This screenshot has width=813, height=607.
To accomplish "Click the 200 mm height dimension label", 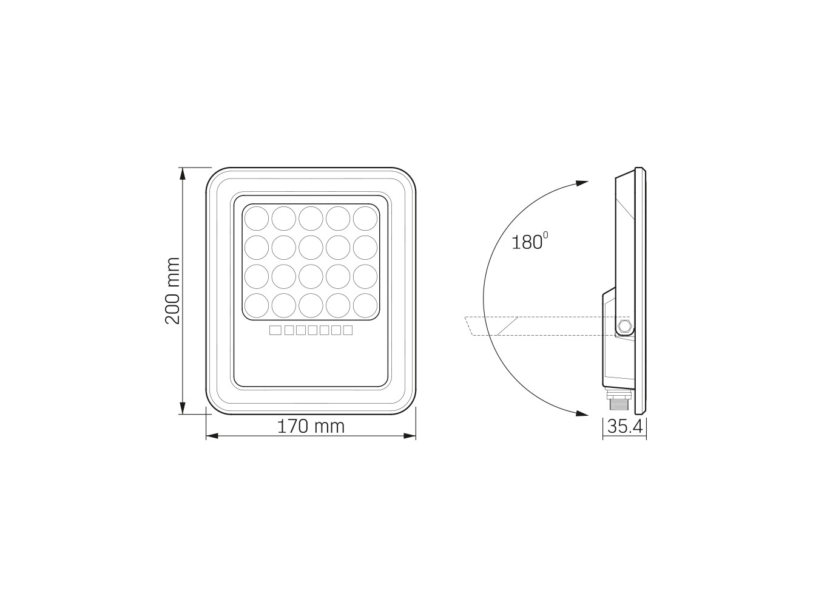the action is pos(172,291).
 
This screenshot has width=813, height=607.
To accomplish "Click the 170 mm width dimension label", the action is pos(311,427).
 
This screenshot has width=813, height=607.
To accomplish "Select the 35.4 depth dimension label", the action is pos(625,427).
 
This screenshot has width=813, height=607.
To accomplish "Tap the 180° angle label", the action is pos(529,241).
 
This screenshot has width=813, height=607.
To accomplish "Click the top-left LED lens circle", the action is pos(256,219).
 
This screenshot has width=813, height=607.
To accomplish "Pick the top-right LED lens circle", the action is pos(365,219).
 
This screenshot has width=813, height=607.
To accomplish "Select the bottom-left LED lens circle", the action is pos(256,306).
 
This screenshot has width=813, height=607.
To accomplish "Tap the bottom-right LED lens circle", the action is pos(365,306).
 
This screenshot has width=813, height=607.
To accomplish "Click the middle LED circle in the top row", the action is pos(311,219).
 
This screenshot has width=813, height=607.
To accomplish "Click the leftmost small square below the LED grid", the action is pos(275,330).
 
